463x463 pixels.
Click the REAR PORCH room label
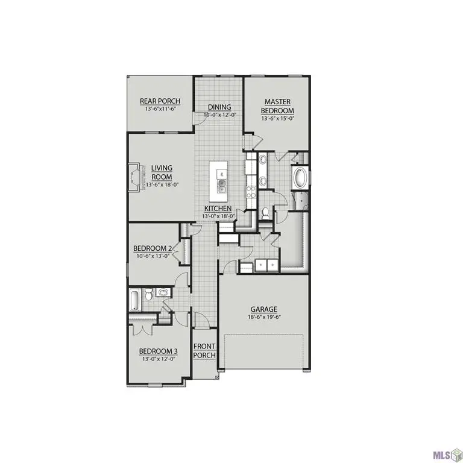[x=160, y=101]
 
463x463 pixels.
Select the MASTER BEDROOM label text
[x=277, y=107]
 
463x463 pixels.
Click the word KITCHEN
[x=218, y=209]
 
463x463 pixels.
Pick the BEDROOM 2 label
[x=153, y=248]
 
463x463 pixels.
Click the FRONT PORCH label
[x=204, y=351]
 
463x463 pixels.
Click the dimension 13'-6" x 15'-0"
[x=277, y=119]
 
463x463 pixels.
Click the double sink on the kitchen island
[x=221, y=184]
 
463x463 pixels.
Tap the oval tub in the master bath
[x=299, y=179]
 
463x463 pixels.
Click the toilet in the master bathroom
[x=266, y=213]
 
